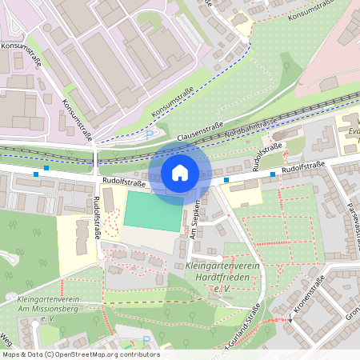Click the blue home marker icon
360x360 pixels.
tap(180, 173)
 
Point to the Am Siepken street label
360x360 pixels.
tap(192, 207)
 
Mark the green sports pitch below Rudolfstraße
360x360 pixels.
tap(152, 209)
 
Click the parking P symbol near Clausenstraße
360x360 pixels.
tap(149, 134)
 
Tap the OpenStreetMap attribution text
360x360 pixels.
tap(80, 354)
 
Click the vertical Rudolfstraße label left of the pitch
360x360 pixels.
tap(98, 218)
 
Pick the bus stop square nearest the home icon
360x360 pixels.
tap(226, 181)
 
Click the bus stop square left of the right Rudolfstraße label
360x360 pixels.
tap(273, 174)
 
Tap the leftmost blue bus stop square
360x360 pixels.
tap(36, 174)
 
